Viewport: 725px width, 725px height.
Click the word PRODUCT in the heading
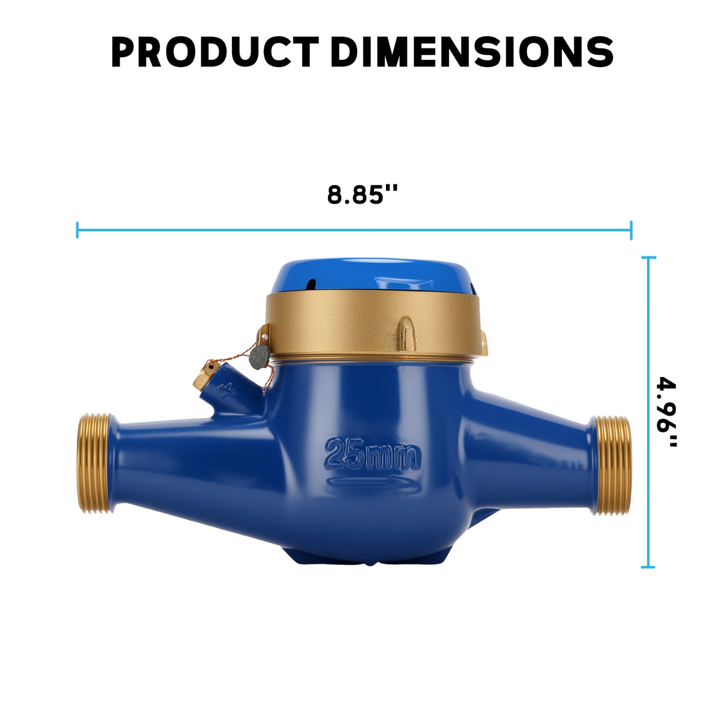215,53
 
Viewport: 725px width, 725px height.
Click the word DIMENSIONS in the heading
472,53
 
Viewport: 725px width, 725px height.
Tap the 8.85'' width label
362,195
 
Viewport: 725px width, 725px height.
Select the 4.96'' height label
666,411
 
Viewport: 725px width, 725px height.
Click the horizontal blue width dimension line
354,230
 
